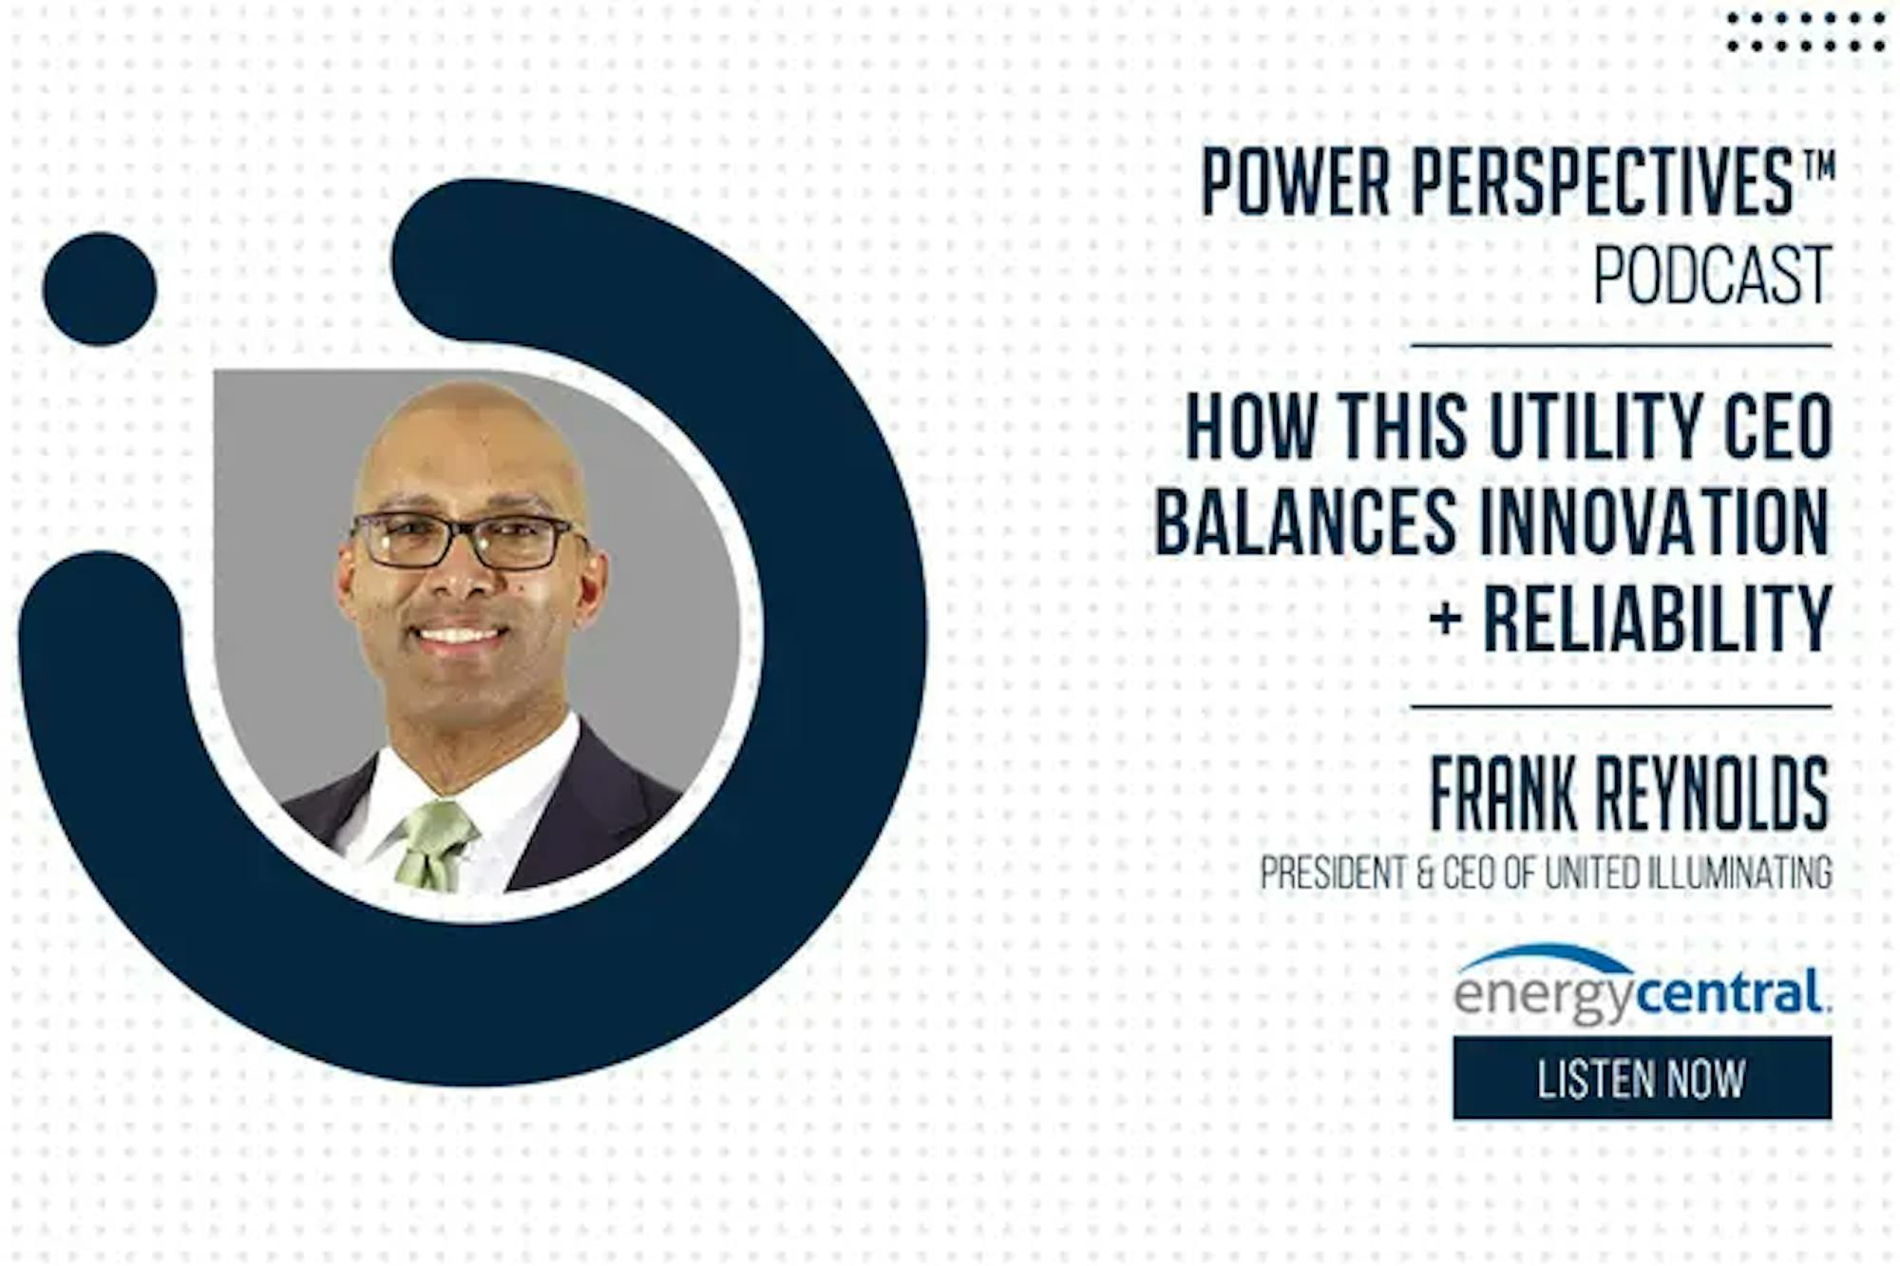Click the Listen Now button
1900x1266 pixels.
coord(1642,1078)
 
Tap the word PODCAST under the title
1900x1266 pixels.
coord(1712,276)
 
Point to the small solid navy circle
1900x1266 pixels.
coord(100,289)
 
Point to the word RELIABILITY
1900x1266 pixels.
coord(1658,619)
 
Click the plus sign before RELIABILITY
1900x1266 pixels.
coord(1445,620)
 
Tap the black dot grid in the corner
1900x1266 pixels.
coord(1806,31)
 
